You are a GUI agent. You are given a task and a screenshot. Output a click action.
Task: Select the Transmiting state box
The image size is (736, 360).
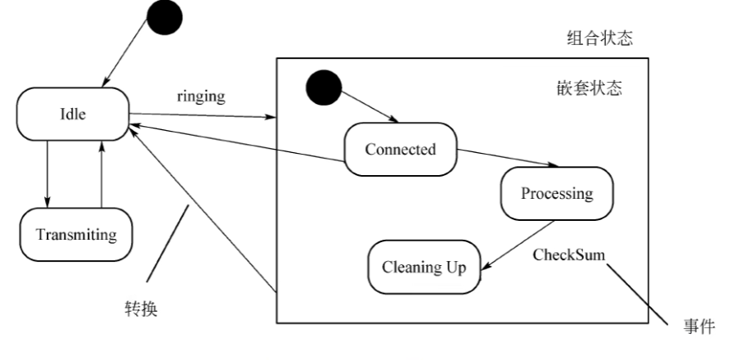click(77, 235)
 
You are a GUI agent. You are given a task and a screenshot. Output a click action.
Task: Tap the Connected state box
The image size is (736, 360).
click(400, 149)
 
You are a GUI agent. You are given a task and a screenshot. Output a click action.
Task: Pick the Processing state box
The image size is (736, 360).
click(556, 193)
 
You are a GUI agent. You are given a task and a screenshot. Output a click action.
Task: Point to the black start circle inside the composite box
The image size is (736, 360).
click(322, 86)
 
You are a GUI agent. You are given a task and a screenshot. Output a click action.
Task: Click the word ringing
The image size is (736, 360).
click(200, 96)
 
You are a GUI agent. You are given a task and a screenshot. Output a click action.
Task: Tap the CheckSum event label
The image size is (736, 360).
click(568, 254)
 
